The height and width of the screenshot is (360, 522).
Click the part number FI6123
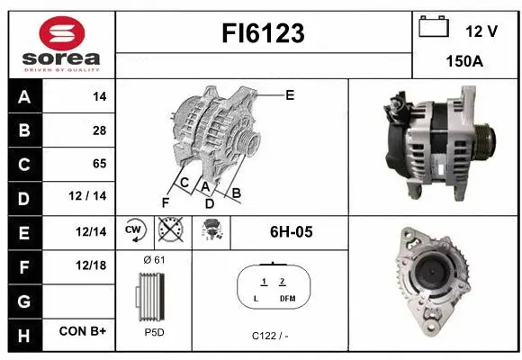(x=263, y=34)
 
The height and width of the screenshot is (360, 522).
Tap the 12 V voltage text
(x=481, y=31)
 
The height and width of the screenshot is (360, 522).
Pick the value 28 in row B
(x=98, y=130)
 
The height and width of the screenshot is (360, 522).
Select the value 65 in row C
(x=98, y=164)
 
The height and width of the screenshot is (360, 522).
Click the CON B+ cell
(x=83, y=332)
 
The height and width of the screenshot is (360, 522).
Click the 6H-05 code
(x=291, y=232)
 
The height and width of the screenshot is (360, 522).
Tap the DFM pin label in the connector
(x=286, y=298)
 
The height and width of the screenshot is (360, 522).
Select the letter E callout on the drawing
(x=290, y=94)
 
